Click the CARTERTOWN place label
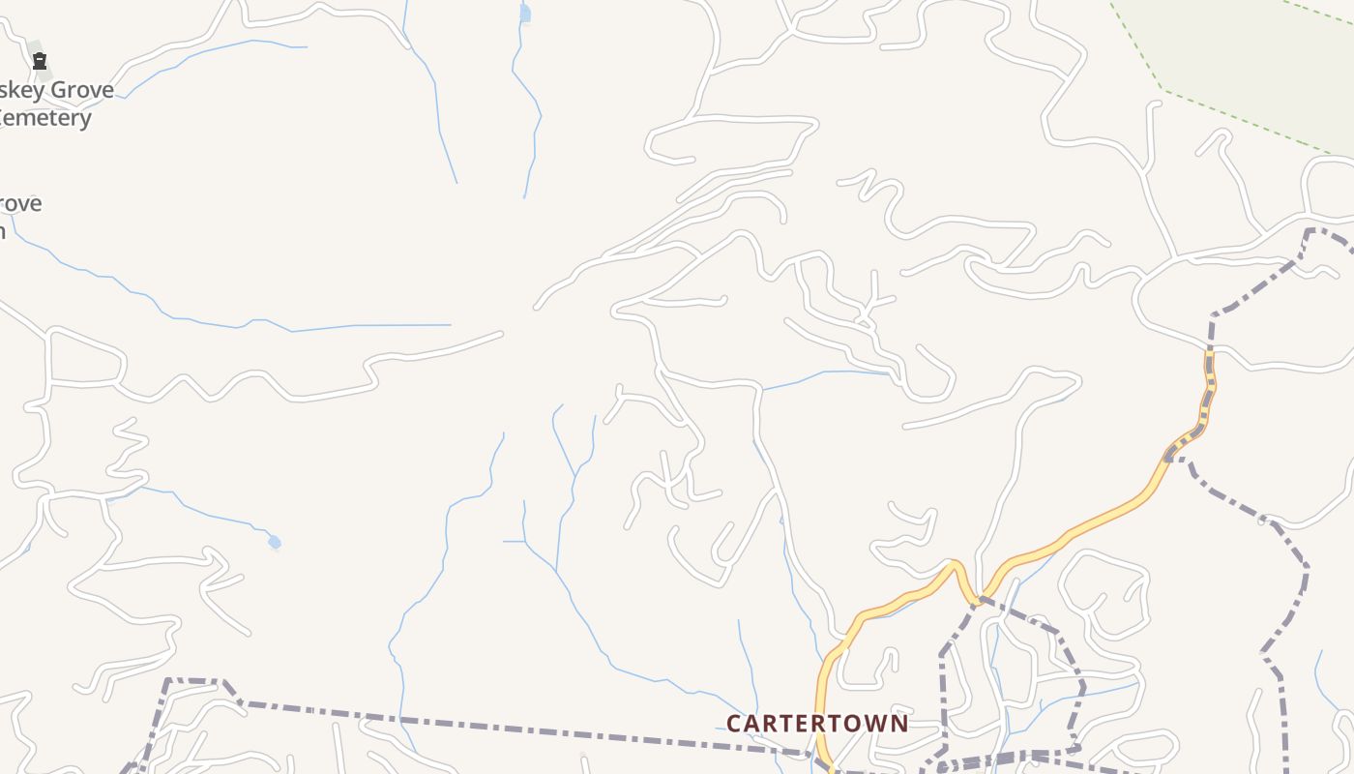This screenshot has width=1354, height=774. [817, 724]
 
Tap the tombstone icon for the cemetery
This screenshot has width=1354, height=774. [40, 62]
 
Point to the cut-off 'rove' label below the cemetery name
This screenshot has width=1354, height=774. [20, 204]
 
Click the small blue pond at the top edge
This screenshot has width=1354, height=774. [525, 14]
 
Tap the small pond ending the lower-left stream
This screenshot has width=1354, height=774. [275, 543]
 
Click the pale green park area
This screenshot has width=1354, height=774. [1248, 48]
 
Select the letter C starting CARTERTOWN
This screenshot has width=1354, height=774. [734, 724]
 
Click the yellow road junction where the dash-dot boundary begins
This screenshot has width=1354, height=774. [979, 598]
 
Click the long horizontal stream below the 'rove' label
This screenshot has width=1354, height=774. [368, 326]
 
